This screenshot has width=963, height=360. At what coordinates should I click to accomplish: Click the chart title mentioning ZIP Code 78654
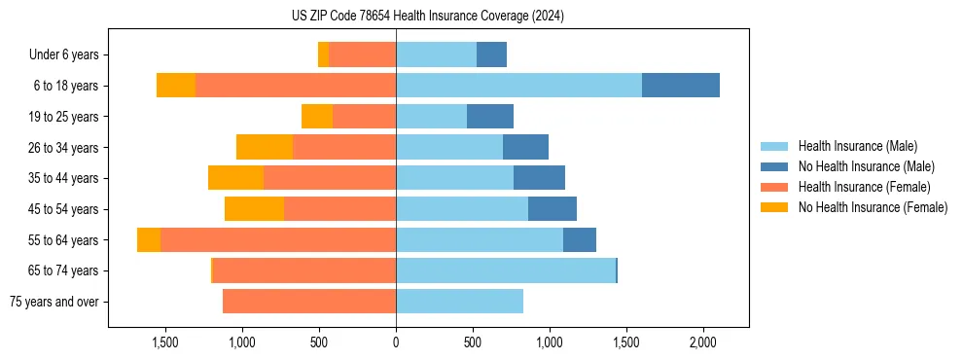[427, 17]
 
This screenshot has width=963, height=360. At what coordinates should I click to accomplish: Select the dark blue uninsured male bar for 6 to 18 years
[680, 86]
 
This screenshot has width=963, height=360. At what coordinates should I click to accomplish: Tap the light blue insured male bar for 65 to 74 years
[505, 270]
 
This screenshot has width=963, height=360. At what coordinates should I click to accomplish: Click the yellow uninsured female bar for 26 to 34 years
[265, 147]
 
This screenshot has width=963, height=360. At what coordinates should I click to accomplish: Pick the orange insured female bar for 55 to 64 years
[278, 239]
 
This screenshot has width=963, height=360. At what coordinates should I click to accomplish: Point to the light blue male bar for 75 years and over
[459, 302]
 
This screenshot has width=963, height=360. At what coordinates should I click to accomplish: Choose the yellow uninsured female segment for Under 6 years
[323, 54]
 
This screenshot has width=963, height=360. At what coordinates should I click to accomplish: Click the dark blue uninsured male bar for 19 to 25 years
[489, 117]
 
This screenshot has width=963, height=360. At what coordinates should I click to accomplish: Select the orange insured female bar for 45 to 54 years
[339, 209]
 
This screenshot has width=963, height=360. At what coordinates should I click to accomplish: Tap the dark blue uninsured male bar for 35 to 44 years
[539, 178]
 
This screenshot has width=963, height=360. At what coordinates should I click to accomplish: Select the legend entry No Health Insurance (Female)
[873, 207]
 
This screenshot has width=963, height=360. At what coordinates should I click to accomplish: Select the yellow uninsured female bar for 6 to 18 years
[176, 86]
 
